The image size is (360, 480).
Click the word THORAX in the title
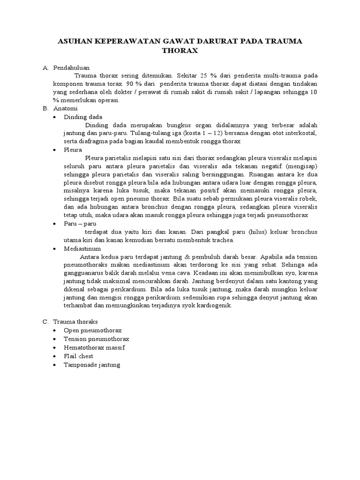tap(180, 51)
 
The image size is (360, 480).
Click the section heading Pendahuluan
tap(71, 67)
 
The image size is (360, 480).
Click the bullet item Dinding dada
tap(83, 117)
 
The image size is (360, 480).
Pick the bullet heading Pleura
tap(73, 150)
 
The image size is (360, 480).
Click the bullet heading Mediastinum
tap(82, 248)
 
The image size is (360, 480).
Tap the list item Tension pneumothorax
tap(96, 338)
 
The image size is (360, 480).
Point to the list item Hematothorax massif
tap(94, 347)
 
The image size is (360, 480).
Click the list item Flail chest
tap(79, 356)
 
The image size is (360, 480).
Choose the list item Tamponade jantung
tap(92, 364)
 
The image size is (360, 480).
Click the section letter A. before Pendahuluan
tap(45, 67)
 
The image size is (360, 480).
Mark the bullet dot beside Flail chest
tap(56, 356)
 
